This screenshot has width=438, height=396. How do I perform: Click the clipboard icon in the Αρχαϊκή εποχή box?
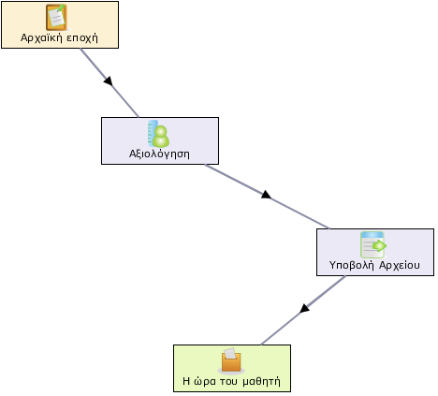57,17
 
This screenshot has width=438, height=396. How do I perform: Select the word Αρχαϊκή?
42,37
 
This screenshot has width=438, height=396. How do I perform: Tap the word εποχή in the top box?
82,38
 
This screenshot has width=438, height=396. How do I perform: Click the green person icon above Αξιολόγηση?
161,136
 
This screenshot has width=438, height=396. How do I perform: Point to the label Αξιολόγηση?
159,154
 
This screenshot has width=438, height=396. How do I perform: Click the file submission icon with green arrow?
373,244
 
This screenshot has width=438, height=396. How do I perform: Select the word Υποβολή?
352,265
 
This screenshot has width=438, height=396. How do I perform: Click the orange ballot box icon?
231,361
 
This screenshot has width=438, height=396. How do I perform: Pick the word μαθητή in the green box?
261,381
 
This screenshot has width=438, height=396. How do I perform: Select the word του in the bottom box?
228,381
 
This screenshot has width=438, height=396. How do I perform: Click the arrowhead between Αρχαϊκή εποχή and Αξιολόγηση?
109,81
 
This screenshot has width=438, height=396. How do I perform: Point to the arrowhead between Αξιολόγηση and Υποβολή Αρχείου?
266,195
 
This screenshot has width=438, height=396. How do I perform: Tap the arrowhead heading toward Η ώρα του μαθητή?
304,308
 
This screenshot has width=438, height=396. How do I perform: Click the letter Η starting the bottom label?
186,381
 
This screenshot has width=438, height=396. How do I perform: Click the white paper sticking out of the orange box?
230,353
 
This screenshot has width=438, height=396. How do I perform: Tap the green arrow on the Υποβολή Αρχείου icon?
380,245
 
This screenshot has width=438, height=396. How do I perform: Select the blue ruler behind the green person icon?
152,133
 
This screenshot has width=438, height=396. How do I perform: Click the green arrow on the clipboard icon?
61,7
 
